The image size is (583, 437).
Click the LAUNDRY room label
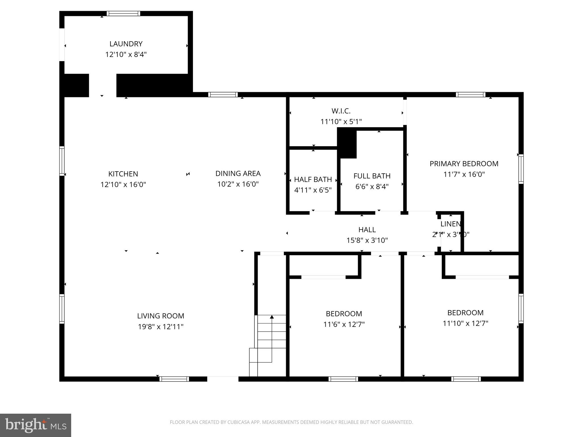126,44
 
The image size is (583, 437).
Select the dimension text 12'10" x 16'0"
123,184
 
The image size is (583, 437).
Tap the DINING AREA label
238,173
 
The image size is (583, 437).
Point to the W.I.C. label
341,111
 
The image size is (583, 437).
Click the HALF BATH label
313,179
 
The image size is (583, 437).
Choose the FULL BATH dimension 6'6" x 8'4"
372,186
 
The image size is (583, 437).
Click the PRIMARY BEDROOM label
464,164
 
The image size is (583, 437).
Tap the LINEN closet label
450,224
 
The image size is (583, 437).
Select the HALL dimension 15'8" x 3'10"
367,240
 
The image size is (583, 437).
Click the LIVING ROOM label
161,316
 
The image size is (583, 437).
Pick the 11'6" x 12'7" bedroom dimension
344,324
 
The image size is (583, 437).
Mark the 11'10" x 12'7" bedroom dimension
465,323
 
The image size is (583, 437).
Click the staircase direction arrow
272,317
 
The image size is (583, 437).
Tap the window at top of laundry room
123,13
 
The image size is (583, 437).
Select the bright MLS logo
35,425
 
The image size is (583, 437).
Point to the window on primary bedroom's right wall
521,169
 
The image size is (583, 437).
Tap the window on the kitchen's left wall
62,161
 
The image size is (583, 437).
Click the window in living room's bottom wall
174,379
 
